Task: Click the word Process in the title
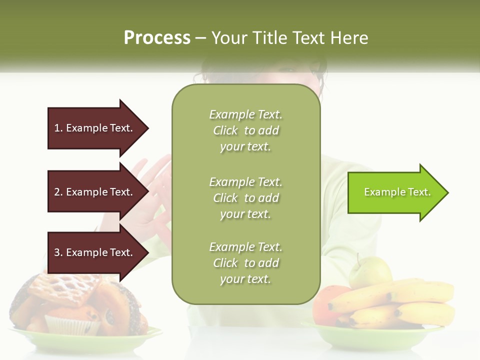tap(157, 38)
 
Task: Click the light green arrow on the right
tap(395, 192)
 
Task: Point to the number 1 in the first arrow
tap(57, 128)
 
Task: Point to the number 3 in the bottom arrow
tap(57, 252)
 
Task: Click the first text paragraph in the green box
tap(245, 130)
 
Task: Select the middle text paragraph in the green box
tap(245, 197)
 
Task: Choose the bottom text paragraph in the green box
tap(245, 263)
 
